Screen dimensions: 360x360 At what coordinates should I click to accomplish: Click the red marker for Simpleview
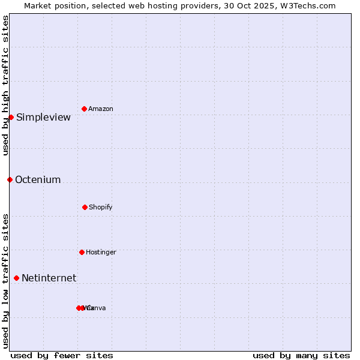click(11, 117)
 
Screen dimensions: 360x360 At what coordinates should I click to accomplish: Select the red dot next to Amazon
click(85, 109)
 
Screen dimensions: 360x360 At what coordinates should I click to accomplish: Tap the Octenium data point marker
click(10, 179)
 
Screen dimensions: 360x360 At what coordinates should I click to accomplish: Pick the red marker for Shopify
click(85, 207)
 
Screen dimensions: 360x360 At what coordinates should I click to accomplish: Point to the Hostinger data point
click(82, 252)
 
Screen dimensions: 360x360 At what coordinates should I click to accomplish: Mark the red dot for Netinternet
click(16, 278)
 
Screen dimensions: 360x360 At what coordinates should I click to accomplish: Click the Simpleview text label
click(43, 117)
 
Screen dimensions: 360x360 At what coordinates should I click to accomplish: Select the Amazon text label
click(101, 109)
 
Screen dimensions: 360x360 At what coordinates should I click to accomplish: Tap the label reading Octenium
click(38, 179)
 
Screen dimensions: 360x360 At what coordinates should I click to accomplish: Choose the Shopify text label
click(101, 207)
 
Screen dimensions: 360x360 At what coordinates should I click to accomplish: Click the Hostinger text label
click(101, 252)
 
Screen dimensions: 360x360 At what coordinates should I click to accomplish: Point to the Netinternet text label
click(49, 278)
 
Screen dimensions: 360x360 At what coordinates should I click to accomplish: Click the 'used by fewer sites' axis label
click(62, 355)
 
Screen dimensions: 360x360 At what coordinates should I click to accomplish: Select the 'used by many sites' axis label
click(301, 355)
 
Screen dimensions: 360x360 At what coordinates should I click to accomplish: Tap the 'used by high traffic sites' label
click(5, 85)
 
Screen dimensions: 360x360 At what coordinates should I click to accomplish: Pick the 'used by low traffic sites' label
click(5, 280)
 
